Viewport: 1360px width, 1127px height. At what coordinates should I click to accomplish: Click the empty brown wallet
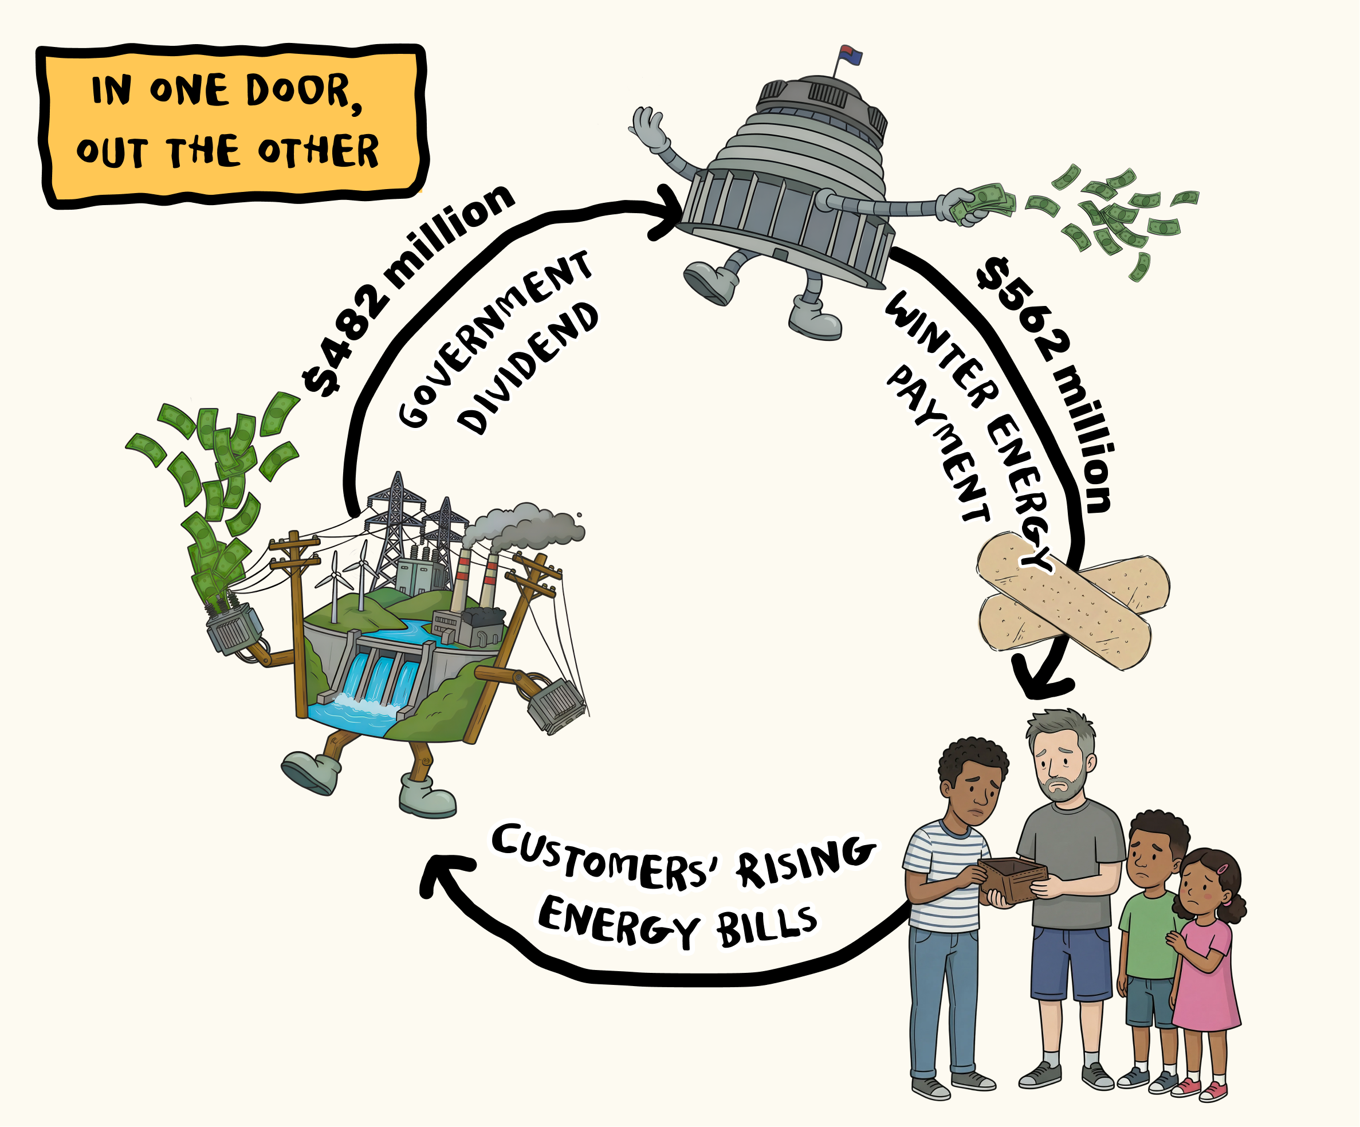[x=1012, y=879]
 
